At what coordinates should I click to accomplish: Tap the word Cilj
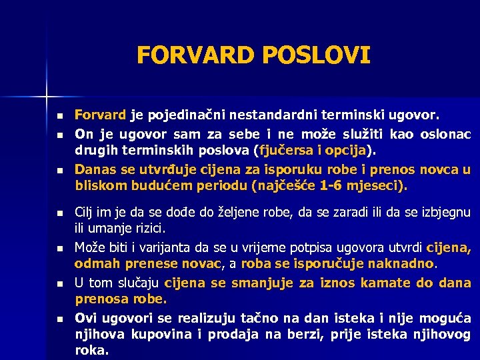[86, 213]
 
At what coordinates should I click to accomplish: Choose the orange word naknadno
[401, 263]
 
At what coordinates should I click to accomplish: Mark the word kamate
[385, 283]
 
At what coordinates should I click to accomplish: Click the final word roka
[91, 350]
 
